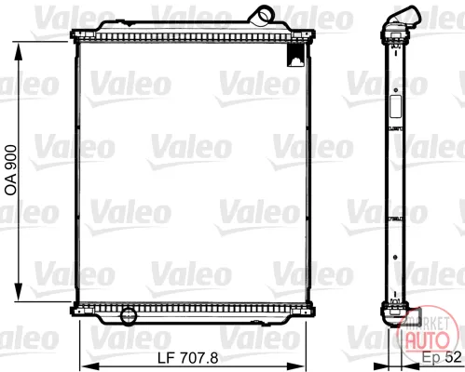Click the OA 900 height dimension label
(x=10, y=170)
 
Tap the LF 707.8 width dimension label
(x=188, y=358)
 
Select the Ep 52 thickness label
(x=442, y=357)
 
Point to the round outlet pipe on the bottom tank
(x=128, y=316)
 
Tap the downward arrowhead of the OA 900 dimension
(x=19, y=292)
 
